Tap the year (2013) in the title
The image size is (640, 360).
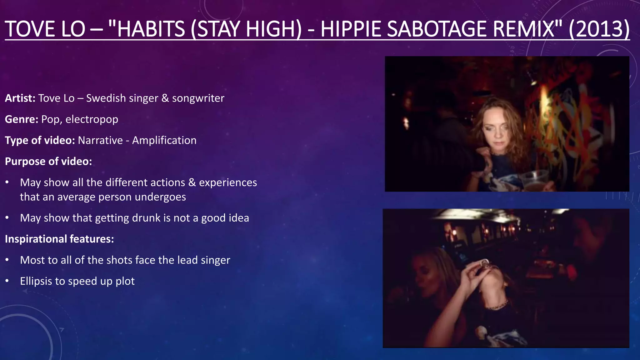[599, 29]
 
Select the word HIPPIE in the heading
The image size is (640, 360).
[353, 29]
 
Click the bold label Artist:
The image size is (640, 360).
[20, 98]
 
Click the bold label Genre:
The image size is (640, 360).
[22, 119]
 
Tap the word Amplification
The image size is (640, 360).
[164, 140]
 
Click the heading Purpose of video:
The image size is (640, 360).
[48, 161]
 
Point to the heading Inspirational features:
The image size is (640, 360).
[59, 239]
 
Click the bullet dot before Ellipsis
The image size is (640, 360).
[7, 281]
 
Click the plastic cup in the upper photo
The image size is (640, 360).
[535, 181]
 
